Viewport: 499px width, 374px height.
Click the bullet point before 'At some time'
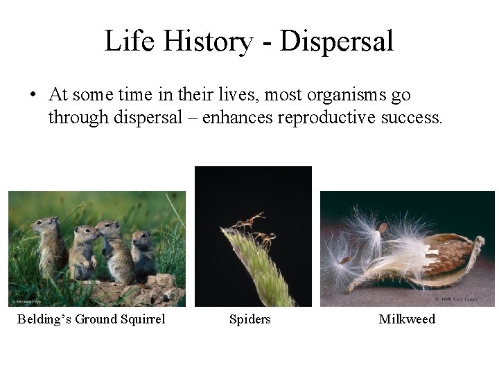[33, 95]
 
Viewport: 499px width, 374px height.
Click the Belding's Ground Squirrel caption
[91, 319]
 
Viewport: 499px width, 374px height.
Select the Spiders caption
[250, 319]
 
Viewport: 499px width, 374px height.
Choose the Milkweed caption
[407, 319]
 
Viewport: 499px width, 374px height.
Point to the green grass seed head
[260, 270]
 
